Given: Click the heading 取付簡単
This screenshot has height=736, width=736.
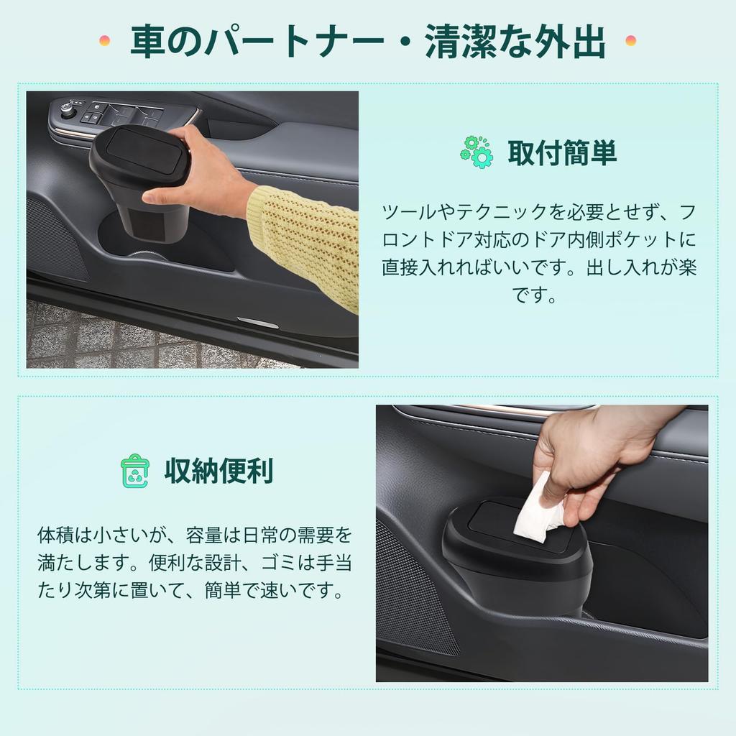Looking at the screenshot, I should click(562, 152).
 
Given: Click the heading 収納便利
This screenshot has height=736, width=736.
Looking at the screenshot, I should click(218, 471).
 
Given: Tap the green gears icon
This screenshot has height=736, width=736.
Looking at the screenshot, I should click(476, 152).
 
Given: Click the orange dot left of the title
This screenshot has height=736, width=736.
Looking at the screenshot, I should click(105, 41).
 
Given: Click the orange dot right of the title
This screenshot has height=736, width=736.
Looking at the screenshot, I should click(631, 41).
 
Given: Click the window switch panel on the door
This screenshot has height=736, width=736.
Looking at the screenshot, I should click(122, 114).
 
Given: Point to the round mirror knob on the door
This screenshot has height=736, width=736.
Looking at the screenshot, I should click(68, 109).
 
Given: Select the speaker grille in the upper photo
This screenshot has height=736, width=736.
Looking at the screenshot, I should click(54, 237).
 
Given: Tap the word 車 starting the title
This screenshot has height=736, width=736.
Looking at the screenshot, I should click(146, 42).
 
